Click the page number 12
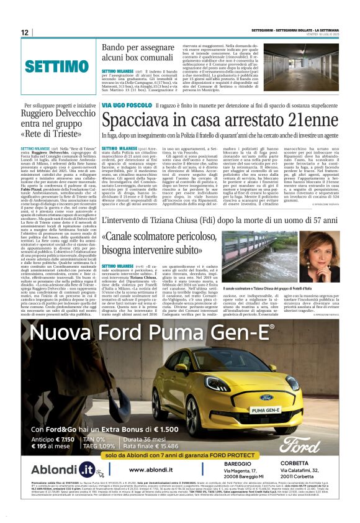25,32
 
